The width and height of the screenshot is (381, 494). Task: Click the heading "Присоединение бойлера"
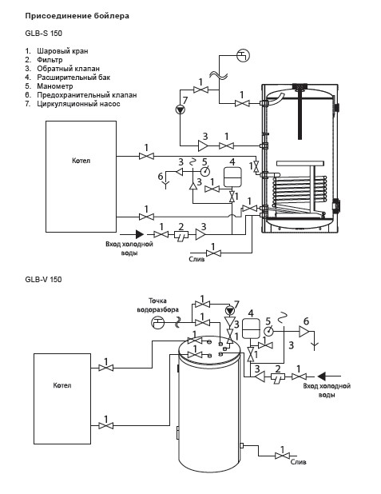coord(77,16)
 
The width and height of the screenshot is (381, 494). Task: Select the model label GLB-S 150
coord(43,33)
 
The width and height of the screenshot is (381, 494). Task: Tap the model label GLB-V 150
coord(43,279)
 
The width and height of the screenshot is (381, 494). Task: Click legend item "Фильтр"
coord(50,59)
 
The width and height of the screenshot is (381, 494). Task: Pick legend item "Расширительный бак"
coord(73,78)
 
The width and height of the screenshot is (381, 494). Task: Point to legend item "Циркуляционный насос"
coord(78,104)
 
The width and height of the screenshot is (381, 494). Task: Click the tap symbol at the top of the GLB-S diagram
coord(243,56)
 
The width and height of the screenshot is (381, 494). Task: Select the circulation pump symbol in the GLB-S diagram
coord(181,110)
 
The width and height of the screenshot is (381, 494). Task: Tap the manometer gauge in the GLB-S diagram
coord(205,171)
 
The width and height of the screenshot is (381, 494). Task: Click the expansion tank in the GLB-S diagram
coord(232,177)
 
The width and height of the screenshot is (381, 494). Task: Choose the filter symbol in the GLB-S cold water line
coord(181,235)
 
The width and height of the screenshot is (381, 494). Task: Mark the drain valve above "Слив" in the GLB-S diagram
coord(213,253)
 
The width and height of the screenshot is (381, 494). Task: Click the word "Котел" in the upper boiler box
coord(81,161)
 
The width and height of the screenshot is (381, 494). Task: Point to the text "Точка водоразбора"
coord(158,305)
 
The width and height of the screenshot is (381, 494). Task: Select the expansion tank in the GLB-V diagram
coord(251,329)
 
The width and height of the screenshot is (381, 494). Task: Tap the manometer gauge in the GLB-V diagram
coord(268,331)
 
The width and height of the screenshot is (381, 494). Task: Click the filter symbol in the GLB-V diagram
coord(278,377)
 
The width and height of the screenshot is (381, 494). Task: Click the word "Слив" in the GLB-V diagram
coord(298,462)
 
